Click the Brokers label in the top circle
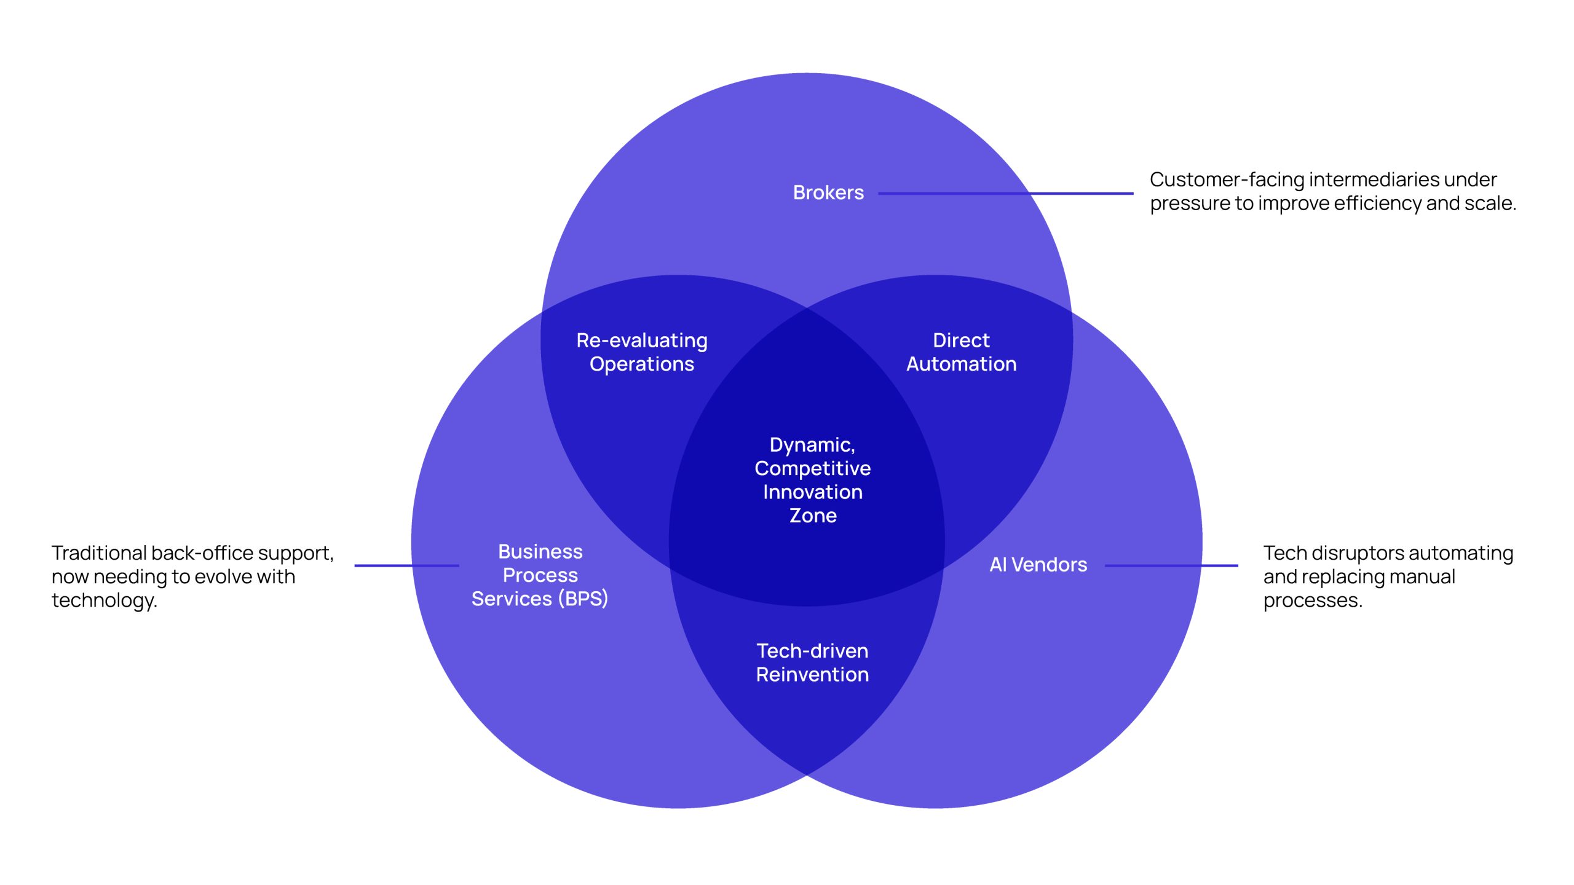828,193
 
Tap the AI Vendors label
1038,565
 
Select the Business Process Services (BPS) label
540,575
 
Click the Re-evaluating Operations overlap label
642,352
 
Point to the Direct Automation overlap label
961,352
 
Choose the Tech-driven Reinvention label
812,663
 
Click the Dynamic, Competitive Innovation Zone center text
812,480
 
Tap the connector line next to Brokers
1005,194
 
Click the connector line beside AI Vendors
1171,565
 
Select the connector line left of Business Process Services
406,565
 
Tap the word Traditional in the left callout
99,553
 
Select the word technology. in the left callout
105,600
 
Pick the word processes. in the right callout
1313,600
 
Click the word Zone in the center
813,516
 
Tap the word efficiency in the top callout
1377,203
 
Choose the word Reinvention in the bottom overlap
812,675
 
